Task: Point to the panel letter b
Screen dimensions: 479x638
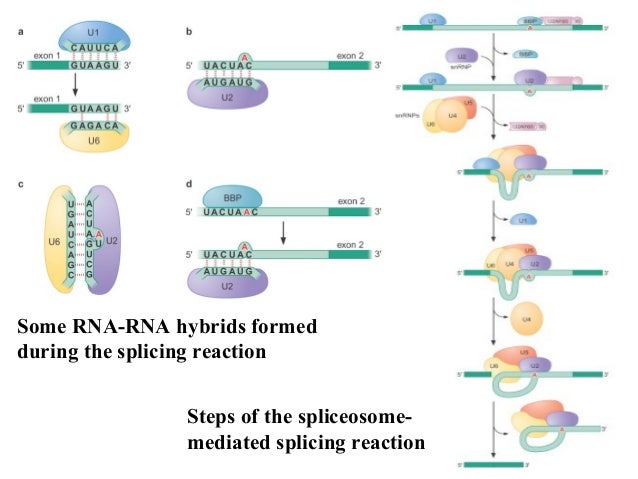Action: (189, 33)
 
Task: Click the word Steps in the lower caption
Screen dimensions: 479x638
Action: (215, 416)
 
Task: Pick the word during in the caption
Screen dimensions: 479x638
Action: (47, 351)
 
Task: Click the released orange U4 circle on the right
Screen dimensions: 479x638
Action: (522, 320)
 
